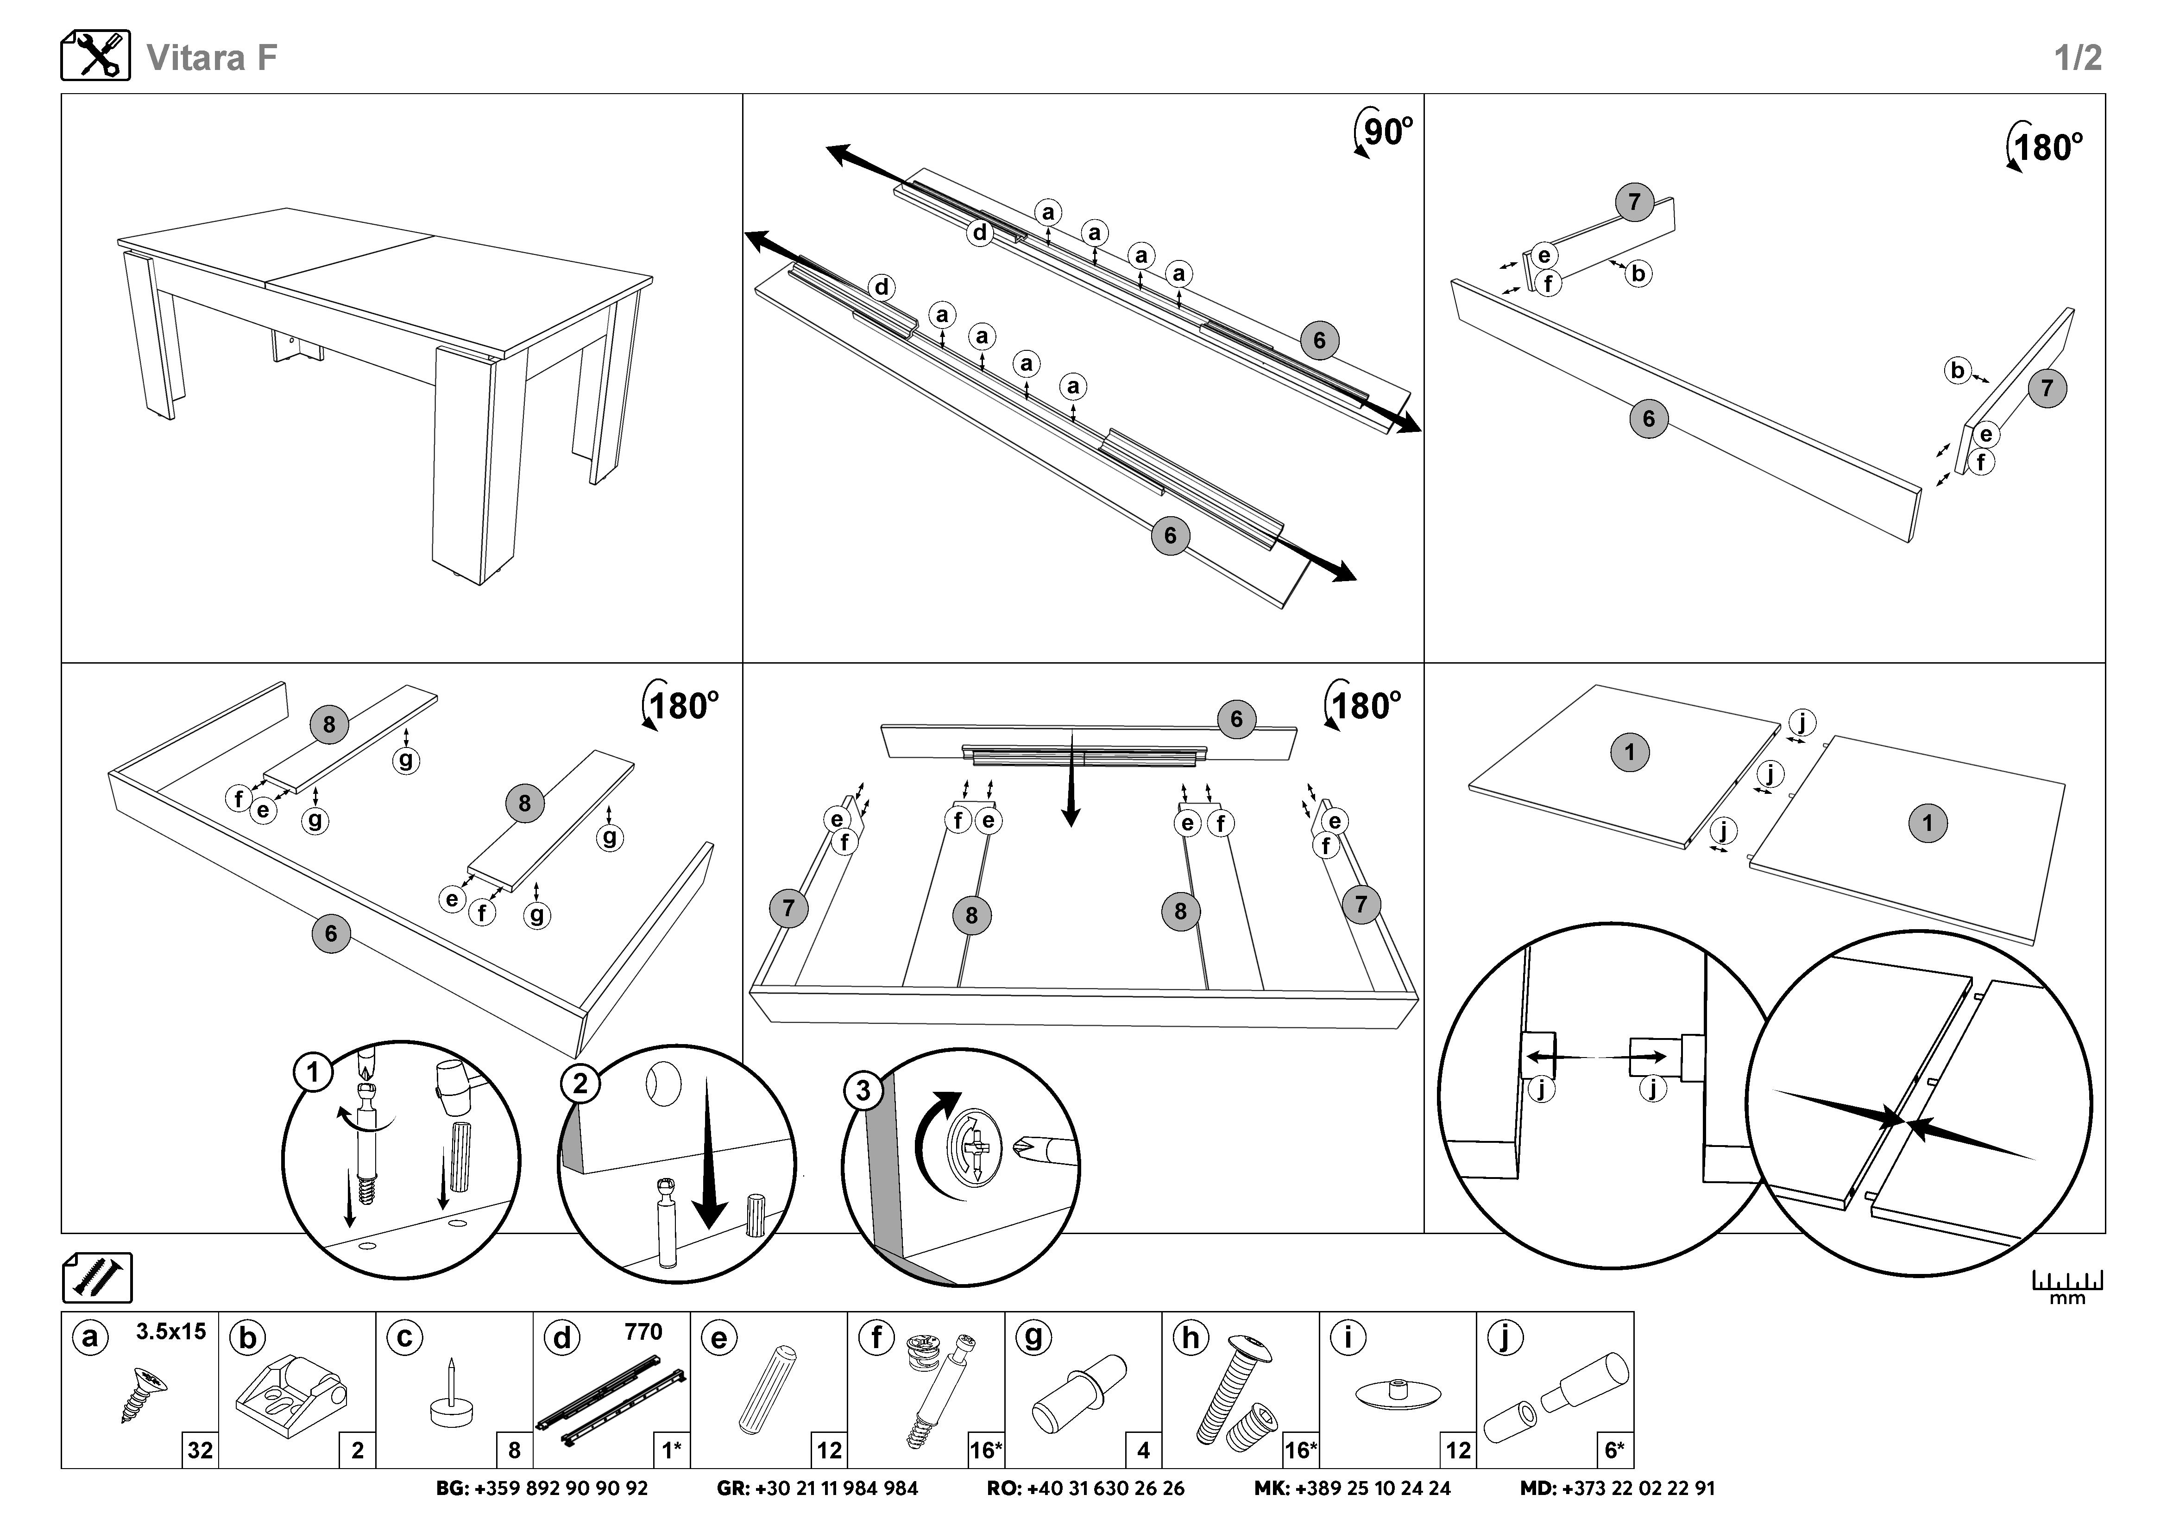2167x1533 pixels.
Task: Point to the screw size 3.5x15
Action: [x=171, y=1332]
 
